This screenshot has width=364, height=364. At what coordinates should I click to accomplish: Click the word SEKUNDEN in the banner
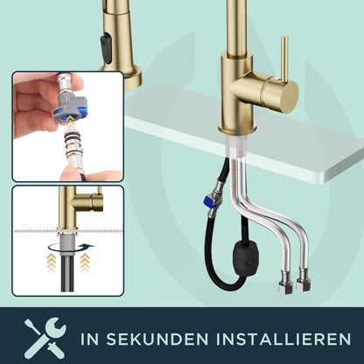click(157, 339)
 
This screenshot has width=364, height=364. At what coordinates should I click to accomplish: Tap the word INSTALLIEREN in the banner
click(283, 339)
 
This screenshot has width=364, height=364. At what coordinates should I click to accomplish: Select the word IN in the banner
click(89, 339)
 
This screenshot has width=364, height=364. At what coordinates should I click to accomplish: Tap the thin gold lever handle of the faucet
click(284, 59)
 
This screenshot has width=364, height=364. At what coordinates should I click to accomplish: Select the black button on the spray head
click(106, 48)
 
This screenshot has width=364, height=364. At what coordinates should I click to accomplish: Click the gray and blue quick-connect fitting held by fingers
click(71, 108)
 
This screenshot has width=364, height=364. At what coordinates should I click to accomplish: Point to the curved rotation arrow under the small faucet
click(71, 248)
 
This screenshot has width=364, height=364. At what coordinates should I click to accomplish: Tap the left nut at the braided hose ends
click(284, 283)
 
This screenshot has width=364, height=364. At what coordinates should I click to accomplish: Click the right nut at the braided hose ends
click(304, 280)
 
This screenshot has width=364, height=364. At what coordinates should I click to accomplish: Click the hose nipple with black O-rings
click(73, 150)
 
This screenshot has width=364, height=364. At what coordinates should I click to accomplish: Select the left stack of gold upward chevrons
click(52, 262)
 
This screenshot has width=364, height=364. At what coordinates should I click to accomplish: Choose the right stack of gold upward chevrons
click(85, 262)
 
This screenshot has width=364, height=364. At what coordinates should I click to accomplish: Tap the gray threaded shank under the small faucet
click(68, 244)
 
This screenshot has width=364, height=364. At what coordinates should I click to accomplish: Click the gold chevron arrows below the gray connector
click(71, 122)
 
